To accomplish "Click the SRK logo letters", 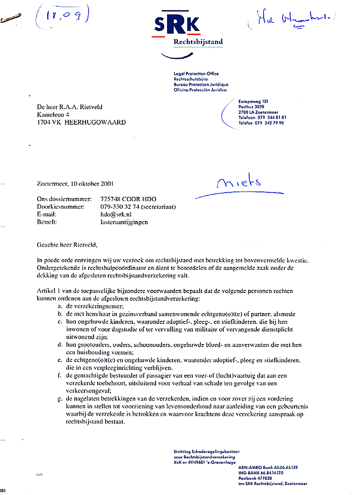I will [x=176, y=26].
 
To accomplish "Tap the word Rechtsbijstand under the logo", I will [x=198, y=42].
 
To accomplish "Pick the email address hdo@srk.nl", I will [x=116, y=214].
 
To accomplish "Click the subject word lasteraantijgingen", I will [x=124, y=222].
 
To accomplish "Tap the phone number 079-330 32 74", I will [x=121, y=207].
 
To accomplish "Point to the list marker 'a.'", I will [x=60, y=305].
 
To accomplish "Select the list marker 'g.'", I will [x=60, y=399].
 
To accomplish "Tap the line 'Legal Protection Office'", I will [x=196, y=74].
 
